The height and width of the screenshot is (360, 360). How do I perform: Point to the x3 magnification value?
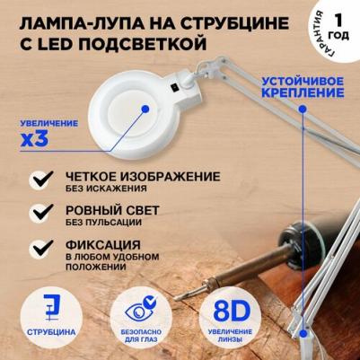(34, 138)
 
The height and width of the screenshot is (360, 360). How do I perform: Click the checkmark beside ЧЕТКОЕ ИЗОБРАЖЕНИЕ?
(43, 179)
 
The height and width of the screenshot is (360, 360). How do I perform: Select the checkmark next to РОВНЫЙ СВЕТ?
(43, 212)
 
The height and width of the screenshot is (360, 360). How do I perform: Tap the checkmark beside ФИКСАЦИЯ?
(43, 248)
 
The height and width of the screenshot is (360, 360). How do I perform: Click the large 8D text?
(232, 312)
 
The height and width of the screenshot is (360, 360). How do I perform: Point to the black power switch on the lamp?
(174, 87)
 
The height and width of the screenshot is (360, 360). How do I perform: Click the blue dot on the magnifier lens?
(145, 109)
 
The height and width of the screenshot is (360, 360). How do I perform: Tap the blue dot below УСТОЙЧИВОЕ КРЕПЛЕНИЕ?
(303, 110)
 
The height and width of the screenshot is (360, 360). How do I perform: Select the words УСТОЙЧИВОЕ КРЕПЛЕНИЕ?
(303, 87)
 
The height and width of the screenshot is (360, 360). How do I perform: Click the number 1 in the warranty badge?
(338, 21)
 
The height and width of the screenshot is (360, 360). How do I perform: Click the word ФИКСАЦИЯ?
(103, 245)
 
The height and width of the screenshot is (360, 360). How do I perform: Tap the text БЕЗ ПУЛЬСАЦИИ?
(103, 223)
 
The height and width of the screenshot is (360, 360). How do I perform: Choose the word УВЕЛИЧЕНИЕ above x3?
(49, 123)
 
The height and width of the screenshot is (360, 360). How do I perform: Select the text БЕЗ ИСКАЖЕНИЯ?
(106, 189)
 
